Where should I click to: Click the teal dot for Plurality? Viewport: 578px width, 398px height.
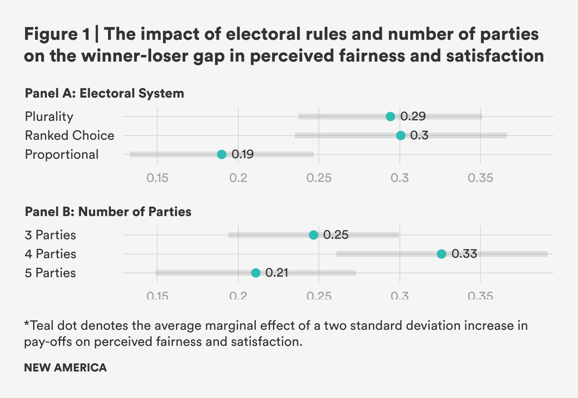pos(390,117)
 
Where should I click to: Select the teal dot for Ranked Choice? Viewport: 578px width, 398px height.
pos(401,136)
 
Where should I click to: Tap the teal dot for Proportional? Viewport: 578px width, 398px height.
pos(222,154)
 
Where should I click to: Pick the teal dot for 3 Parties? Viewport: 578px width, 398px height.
pos(314,235)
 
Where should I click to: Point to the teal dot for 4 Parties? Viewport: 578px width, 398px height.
pos(442,254)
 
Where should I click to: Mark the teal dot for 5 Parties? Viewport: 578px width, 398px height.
pos(256,273)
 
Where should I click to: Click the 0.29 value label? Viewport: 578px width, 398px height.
pos(413,117)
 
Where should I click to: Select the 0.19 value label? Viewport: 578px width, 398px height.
pos(243,154)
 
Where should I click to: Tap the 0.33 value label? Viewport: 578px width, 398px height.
pos(464,254)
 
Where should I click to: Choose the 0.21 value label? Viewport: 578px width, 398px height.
pos(277,273)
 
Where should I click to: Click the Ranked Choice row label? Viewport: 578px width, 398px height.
pos(70,136)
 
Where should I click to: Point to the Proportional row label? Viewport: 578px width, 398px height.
pos(62,154)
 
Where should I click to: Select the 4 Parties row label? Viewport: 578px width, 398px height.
pos(50,254)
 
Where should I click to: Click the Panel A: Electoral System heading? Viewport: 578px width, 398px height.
pos(104,93)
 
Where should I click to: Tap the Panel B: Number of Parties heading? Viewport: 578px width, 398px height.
pos(108,212)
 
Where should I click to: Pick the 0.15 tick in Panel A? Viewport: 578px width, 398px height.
pos(157,179)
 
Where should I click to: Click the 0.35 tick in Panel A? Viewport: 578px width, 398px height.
pos(481,179)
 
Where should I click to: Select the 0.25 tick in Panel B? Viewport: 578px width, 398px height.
pos(319,296)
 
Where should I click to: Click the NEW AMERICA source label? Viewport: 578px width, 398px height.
pos(65,368)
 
